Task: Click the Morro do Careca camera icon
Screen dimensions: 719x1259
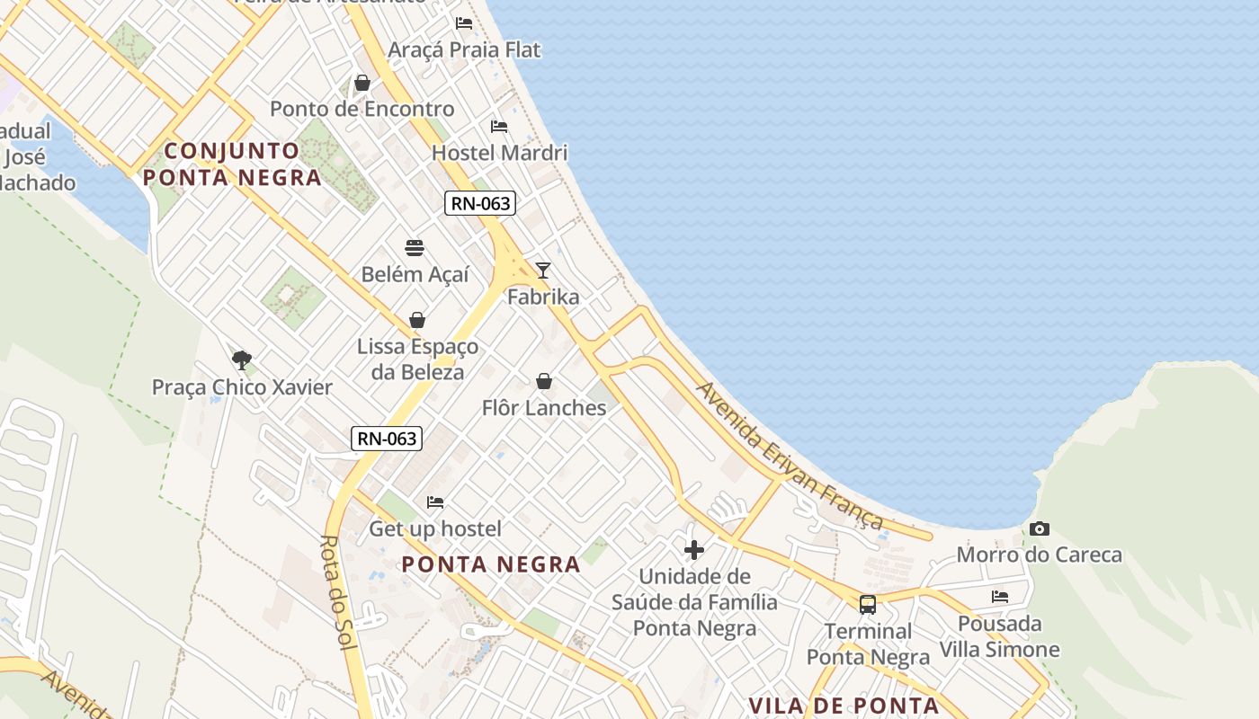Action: point(1040,529)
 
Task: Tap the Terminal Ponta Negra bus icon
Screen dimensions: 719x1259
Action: point(868,605)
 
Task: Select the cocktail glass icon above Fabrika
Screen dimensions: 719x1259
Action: point(543,270)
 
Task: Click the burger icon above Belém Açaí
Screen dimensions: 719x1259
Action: point(415,248)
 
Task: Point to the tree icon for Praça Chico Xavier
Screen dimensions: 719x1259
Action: point(241,360)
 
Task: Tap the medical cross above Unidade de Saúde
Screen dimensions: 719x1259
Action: point(694,550)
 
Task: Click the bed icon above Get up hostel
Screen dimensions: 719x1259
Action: point(435,502)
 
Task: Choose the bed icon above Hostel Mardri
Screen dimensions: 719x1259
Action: point(499,127)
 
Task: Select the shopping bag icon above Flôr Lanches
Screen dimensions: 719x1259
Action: point(544,382)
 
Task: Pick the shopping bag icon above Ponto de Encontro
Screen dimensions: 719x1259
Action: point(362,84)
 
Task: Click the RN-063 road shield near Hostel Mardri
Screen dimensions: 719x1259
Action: point(480,203)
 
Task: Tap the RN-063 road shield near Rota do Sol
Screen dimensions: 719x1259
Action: point(387,439)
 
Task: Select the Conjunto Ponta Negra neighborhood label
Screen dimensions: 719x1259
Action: point(232,164)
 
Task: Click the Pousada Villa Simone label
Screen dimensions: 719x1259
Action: point(1000,636)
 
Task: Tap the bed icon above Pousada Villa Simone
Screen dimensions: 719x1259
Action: point(1000,597)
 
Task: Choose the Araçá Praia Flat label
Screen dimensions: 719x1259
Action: point(464,49)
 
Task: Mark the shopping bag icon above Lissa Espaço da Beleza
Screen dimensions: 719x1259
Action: point(417,320)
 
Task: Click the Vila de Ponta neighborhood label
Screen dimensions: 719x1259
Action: point(844,706)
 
